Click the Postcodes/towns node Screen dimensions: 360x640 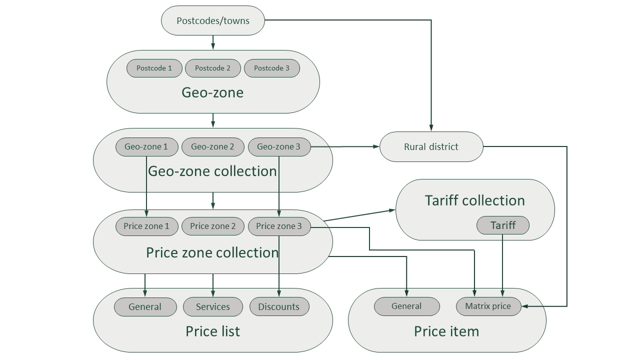tap(213, 21)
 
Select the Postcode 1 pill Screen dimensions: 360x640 tap(154, 68)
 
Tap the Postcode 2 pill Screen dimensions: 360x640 tap(212, 68)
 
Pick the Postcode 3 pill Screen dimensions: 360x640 tap(271, 68)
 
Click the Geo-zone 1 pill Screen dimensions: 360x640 tap(146, 147)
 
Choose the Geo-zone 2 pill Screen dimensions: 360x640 tap(212, 147)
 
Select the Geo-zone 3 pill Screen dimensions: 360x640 tap(278, 147)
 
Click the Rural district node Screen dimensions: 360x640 tap(431, 147)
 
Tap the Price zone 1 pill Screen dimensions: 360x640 tap(146, 226)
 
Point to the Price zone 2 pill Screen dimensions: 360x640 tap(212, 226)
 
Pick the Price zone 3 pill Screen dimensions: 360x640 tap(278, 226)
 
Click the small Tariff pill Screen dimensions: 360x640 tap(502, 225)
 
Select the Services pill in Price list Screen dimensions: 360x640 tap(212, 307)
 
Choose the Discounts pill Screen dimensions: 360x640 tap(278, 307)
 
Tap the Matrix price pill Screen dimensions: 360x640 tap(488, 306)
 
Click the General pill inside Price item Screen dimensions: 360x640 tap(406, 306)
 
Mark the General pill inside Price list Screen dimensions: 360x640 tap(145, 307)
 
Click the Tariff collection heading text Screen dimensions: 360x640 tap(474, 200)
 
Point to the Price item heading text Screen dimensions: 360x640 tap(446, 331)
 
